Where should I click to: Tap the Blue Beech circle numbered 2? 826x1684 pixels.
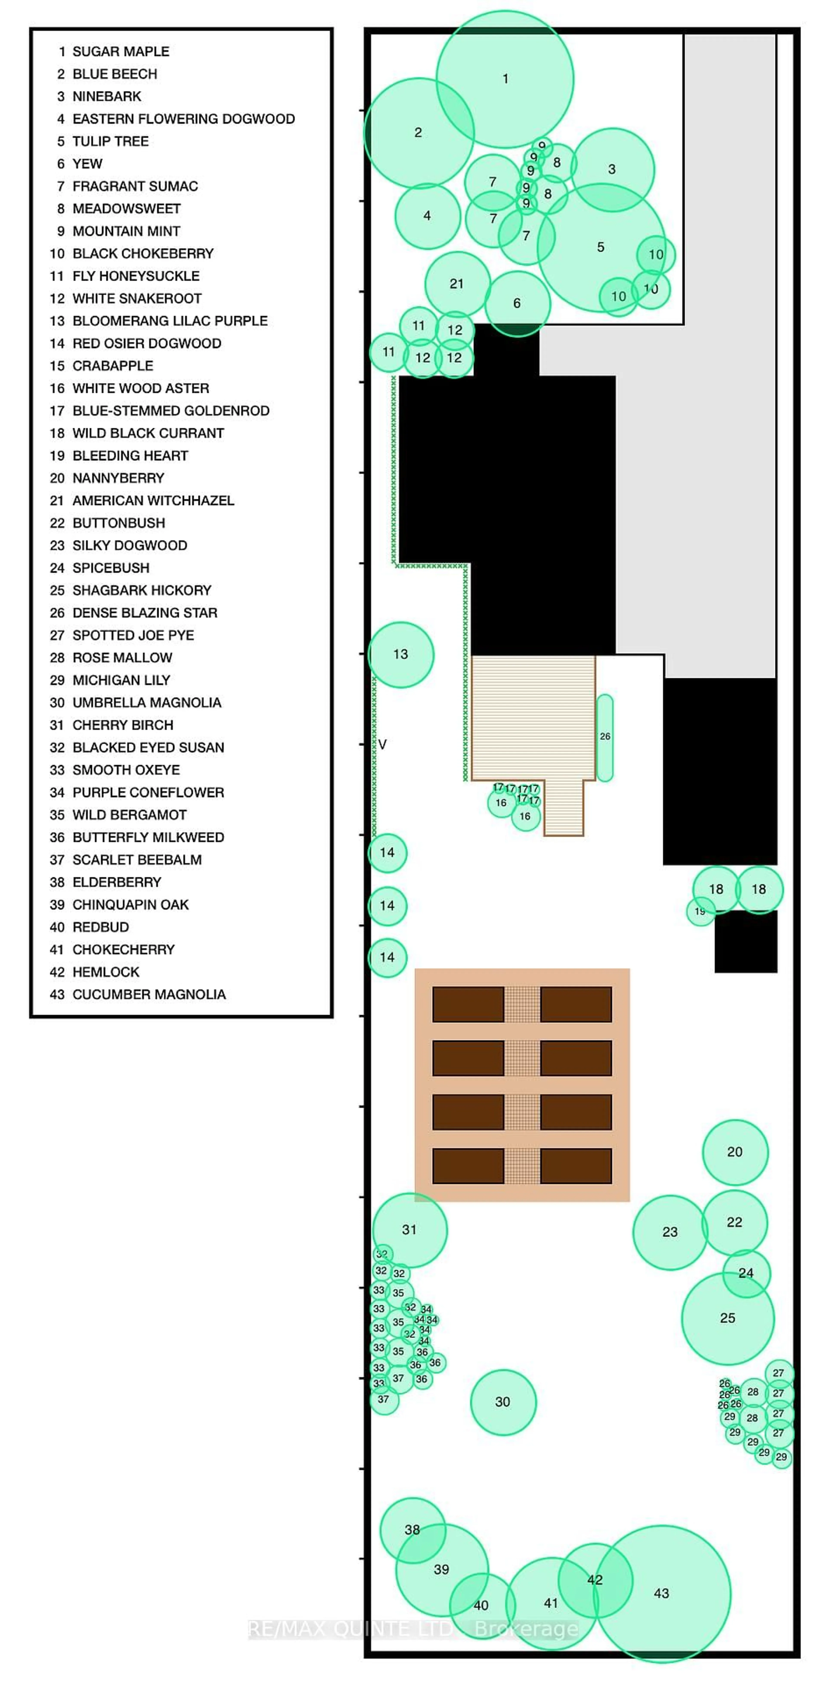tap(418, 133)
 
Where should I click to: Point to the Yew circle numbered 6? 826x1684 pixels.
tap(517, 303)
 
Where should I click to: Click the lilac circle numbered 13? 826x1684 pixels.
tap(401, 654)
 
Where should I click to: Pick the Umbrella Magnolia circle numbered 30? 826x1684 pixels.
tap(502, 1402)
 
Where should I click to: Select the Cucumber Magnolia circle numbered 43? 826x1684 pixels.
tap(661, 1593)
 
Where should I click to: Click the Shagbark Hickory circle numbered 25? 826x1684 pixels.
tap(727, 1318)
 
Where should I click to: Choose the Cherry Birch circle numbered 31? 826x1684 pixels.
tap(409, 1230)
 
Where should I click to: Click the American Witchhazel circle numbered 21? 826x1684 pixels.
tap(457, 284)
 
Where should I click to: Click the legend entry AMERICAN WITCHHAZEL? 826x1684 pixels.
tap(153, 501)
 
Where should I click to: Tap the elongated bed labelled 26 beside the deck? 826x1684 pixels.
tap(605, 737)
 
